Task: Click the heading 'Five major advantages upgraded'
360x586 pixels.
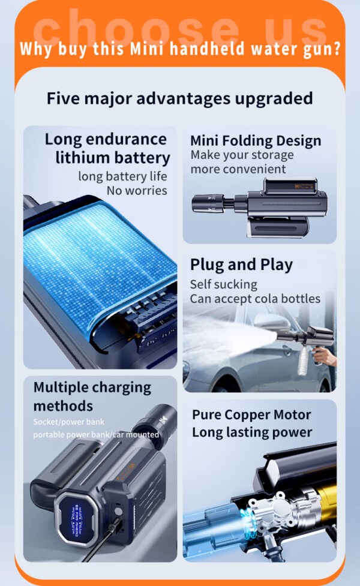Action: [179, 98]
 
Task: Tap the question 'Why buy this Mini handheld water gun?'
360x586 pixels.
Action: [180, 48]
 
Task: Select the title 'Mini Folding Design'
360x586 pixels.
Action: [256, 141]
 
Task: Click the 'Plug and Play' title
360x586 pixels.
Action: [241, 265]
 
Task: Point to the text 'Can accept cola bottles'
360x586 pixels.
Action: [255, 298]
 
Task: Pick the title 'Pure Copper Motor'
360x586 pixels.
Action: [251, 414]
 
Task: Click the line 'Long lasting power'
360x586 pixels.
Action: [252, 432]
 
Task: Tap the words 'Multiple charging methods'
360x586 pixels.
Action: [92, 396]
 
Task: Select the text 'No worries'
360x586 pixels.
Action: [137, 191]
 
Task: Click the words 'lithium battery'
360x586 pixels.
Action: [113, 158]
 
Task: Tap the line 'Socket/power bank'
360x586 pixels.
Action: [68, 422]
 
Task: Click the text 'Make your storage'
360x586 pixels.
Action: [242, 155]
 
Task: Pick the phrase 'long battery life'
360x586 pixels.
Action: [122, 176]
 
